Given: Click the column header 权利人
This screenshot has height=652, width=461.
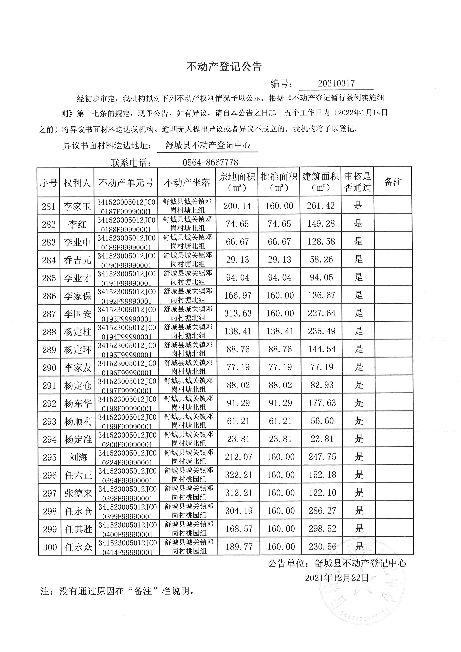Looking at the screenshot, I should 77,183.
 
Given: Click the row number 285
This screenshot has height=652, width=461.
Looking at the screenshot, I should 49,278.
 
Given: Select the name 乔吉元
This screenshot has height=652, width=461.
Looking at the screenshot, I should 77,260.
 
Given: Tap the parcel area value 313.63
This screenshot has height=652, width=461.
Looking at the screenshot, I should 238,313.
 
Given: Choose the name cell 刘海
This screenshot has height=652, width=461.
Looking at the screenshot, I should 78,457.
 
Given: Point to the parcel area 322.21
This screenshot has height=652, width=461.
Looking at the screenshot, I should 238,475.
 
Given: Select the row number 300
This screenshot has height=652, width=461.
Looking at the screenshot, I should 50,547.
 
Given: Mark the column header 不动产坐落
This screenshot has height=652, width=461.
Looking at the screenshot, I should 187,183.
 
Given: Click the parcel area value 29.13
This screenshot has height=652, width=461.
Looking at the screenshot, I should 237,260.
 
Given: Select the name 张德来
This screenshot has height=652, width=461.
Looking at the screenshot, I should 78,493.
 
